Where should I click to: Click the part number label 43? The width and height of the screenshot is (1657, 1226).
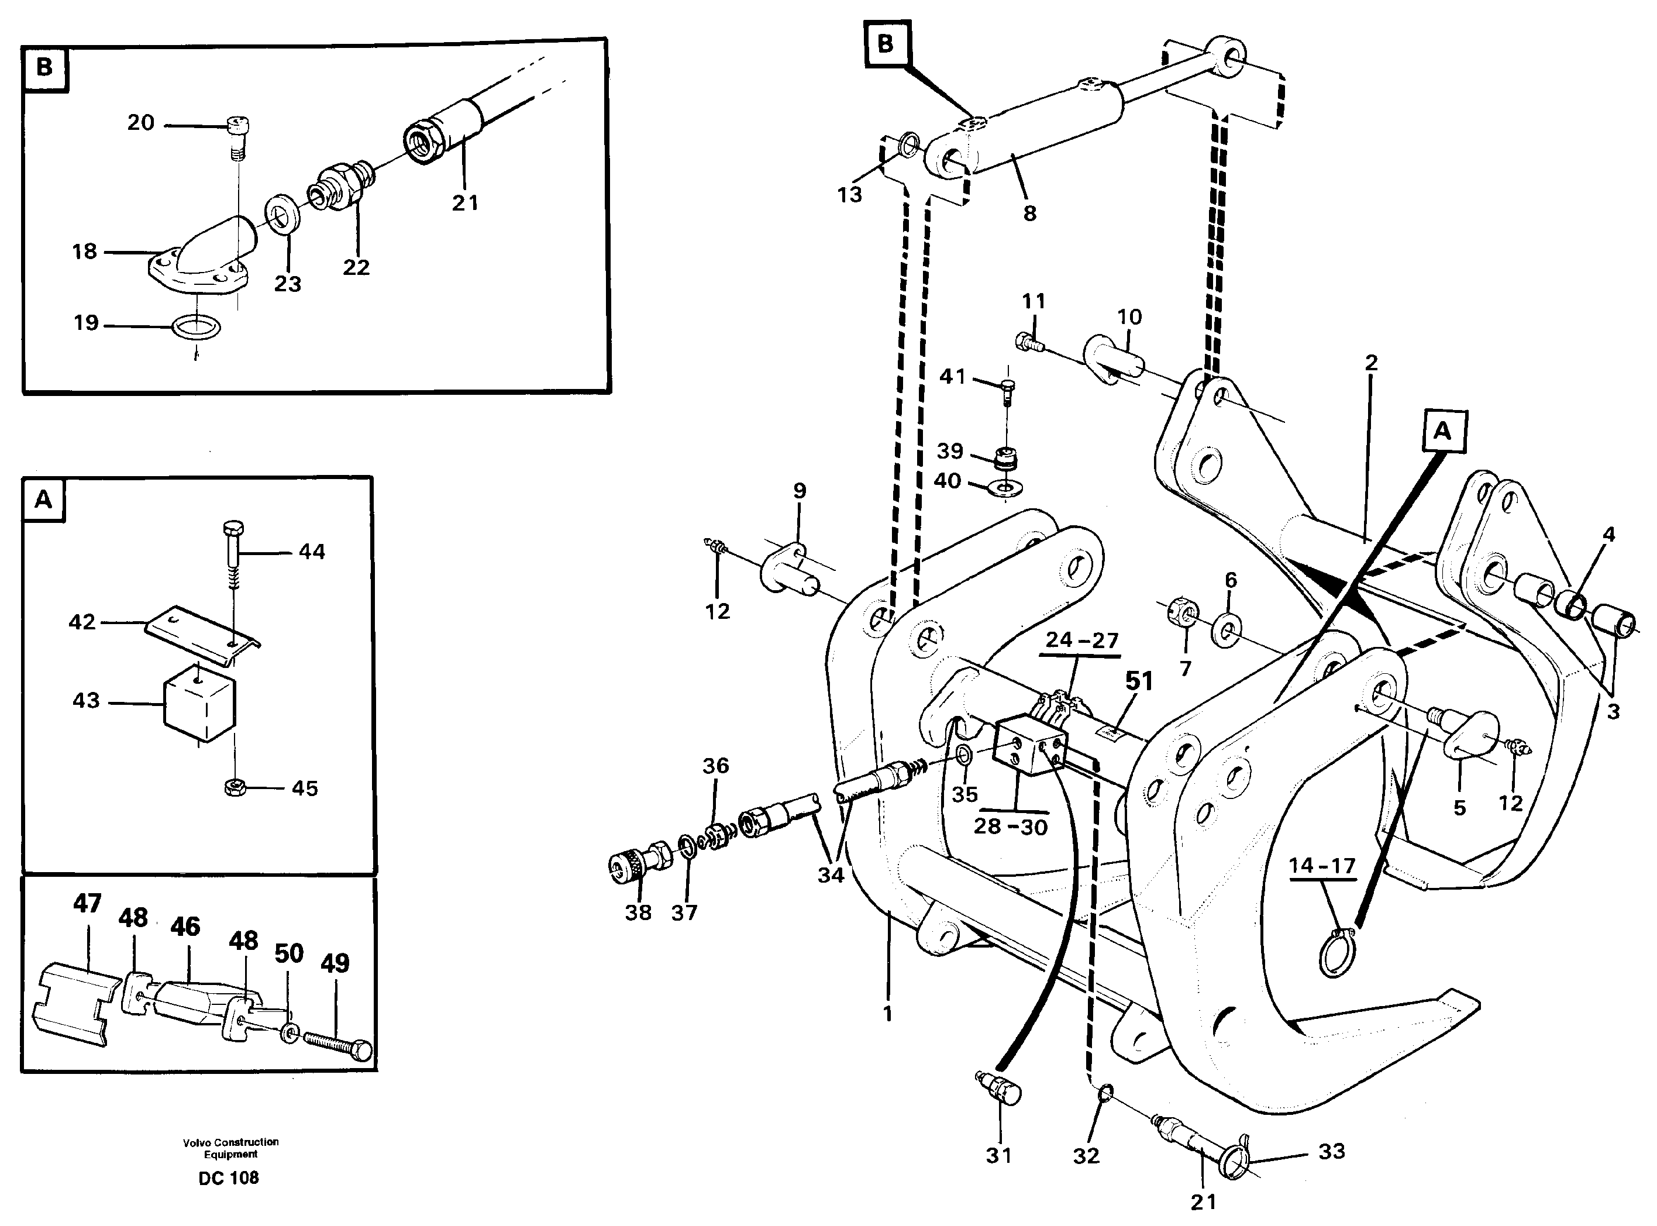[85, 701]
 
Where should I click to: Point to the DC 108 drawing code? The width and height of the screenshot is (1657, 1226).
[229, 1178]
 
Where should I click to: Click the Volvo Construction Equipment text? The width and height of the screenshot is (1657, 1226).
[231, 1148]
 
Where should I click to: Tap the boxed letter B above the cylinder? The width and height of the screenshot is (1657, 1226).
[886, 44]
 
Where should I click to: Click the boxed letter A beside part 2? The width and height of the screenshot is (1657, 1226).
[1442, 431]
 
